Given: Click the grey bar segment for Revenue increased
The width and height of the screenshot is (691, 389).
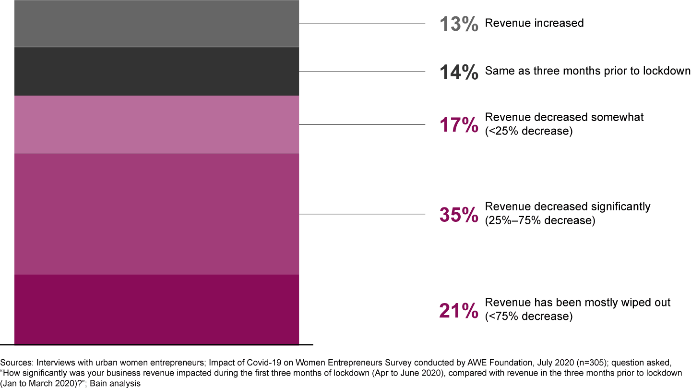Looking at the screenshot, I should click(x=156, y=24).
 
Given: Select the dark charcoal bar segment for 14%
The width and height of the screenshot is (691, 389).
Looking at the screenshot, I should click(x=156, y=71).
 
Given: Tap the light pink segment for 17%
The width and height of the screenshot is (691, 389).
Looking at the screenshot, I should click(x=156, y=124).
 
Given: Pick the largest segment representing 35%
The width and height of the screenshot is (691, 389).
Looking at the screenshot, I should click(x=156, y=214).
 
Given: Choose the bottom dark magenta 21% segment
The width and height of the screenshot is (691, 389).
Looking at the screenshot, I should click(x=156, y=309).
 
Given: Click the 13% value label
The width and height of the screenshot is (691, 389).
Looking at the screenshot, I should click(x=459, y=24).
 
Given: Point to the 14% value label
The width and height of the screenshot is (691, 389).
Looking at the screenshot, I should click(x=459, y=72).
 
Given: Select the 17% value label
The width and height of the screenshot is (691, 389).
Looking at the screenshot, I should click(x=459, y=125).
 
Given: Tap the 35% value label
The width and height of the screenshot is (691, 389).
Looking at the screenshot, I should click(x=459, y=215).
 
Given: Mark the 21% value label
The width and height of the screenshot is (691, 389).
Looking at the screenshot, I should click(x=459, y=310).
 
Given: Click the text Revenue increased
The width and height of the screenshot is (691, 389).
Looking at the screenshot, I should click(x=534, y=23).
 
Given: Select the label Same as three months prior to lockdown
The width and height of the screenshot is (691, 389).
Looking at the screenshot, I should click(x=587, y=71).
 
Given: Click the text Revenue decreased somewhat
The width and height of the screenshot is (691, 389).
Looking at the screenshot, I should click(x=564, y=117).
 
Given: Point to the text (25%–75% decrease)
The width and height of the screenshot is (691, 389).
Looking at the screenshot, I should click(x=540, y=220).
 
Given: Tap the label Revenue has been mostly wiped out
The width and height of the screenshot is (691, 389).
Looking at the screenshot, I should click(x=578, y=303).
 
